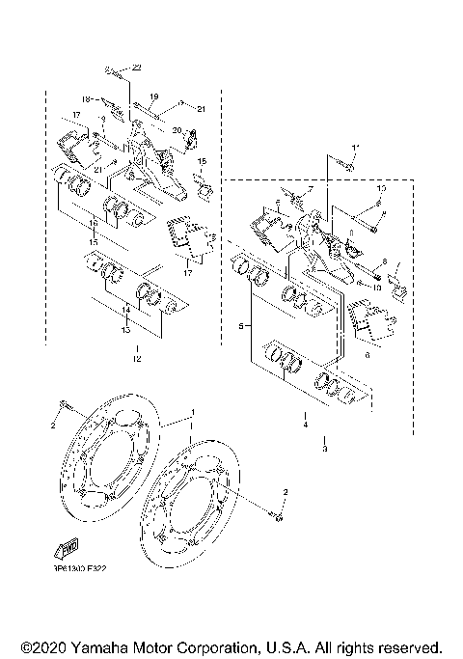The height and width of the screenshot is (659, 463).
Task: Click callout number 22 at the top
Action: (137, 67)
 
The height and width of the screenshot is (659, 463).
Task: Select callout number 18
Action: (86, 98)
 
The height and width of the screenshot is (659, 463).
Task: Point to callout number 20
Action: (177, 130)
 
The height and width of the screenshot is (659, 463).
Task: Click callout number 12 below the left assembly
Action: (137, 359)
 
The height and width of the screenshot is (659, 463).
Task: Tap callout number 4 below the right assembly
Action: (305, 424)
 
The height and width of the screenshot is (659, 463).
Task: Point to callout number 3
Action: (324, 449)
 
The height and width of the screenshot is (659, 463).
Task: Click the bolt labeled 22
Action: (116, 71)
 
